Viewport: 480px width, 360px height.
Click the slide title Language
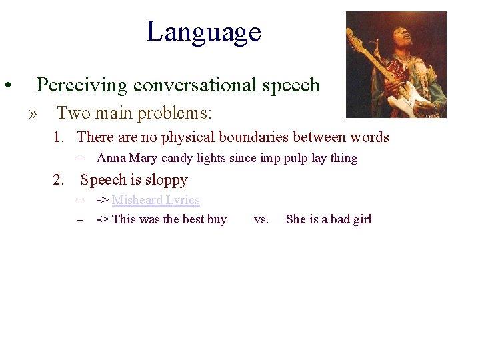(x=203, y=31)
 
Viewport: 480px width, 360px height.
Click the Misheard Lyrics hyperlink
(x=155, y=200)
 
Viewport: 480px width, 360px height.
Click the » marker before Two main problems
(x=33, y=114)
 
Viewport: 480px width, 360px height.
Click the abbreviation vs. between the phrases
(x=261, y=219)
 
